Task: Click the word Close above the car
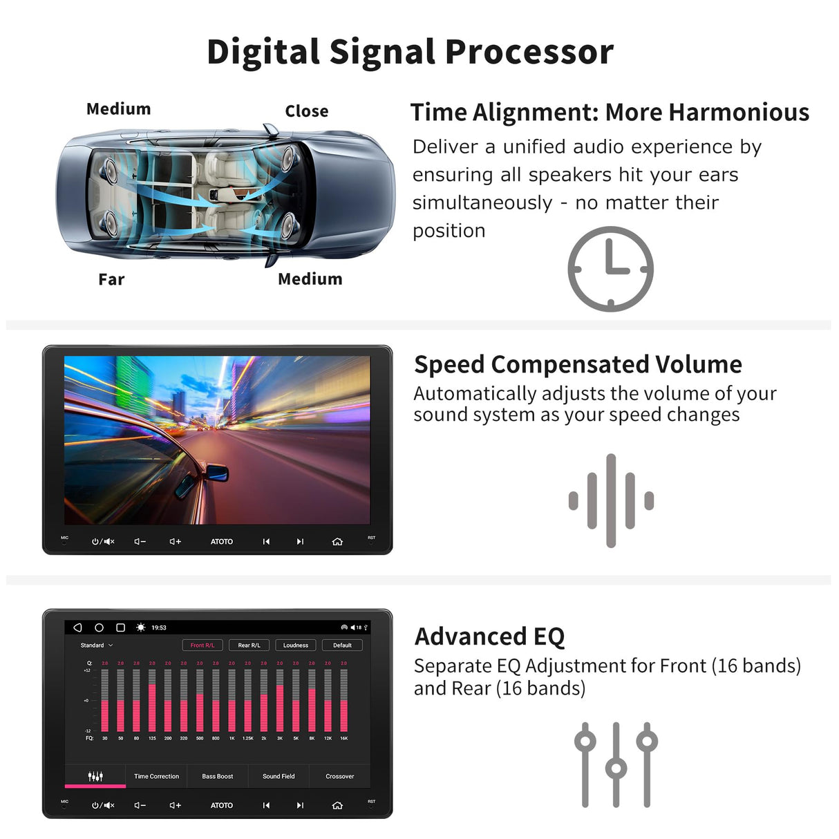[x=306, y=111]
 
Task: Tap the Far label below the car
[x=111, y=279]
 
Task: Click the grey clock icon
[x=610, y=269]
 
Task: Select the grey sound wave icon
[x=611, y=500]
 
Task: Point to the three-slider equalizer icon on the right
[x=616, y=765]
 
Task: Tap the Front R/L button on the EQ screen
[x=202, y=645]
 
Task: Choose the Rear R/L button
[x=249, y=645]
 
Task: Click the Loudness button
[x=296, y=645]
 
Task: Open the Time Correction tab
[x=156, y=776]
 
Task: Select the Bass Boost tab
[x=217, y=776]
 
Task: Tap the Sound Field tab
[x=279, y=776]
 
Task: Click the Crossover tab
[x=339, y=776]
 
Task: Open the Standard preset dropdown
[x=97, y=645]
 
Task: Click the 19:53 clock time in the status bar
[x=159, y=628]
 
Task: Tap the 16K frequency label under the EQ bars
[x=343, y=738]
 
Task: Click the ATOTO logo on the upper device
[x=222, y=541]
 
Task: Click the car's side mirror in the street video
[x=217, y=474]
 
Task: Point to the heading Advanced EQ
[x=489, y=636]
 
